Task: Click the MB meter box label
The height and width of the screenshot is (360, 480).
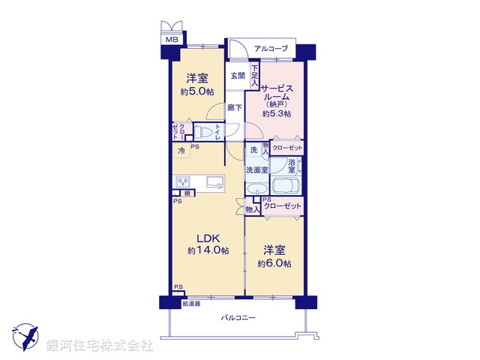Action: (172, 39)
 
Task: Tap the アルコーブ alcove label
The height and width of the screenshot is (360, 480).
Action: (271, 49)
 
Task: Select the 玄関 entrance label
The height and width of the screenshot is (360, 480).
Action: (238, 75)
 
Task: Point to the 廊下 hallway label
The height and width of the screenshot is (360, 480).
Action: (235, 108)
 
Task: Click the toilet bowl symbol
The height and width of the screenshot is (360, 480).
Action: (201, 133)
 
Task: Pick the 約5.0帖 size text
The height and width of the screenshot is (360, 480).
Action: (197, 91)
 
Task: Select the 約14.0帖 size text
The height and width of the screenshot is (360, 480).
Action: (208, 250)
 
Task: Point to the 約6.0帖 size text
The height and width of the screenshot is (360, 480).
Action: (274, 263)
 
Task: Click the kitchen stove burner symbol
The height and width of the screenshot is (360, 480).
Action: (184, 181)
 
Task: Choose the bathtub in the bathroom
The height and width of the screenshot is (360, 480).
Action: (285, 187)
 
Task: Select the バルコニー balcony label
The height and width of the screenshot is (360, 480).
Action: (238, 319)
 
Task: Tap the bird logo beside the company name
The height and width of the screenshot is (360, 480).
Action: (25, 334)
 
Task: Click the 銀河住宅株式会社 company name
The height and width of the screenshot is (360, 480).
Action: (100, 346)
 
